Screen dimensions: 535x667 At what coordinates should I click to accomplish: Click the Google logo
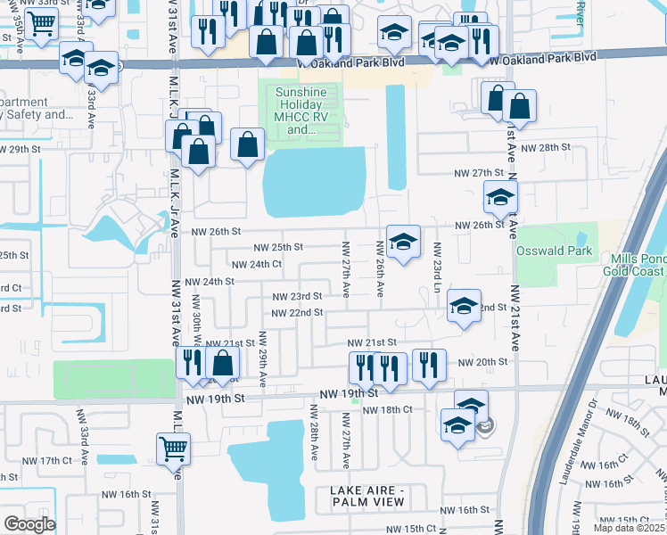click(x=29, y=524)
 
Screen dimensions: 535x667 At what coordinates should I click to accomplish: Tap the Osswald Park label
click(x=554, y=251)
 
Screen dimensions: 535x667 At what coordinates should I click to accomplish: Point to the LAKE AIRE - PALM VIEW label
click(x=380, y=498)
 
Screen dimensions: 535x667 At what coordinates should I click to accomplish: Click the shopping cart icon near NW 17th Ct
click(x=172, y=449)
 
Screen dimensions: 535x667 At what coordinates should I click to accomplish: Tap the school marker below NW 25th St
click(x=403, y=242)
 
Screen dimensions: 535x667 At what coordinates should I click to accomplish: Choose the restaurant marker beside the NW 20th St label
click(x=429, y=365)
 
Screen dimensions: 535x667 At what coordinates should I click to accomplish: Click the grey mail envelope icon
click(x=484, y=427)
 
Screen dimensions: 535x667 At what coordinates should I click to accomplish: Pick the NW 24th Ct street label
click(x=256, y=265)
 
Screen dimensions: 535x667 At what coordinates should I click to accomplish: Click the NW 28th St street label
click(x=545, y=147)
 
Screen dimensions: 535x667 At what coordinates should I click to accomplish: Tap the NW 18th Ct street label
click(x=389, y=408)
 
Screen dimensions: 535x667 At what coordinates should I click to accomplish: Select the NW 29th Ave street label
click(x=262, y=359)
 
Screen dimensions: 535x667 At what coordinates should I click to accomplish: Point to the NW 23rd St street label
click(x=297, y=296)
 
